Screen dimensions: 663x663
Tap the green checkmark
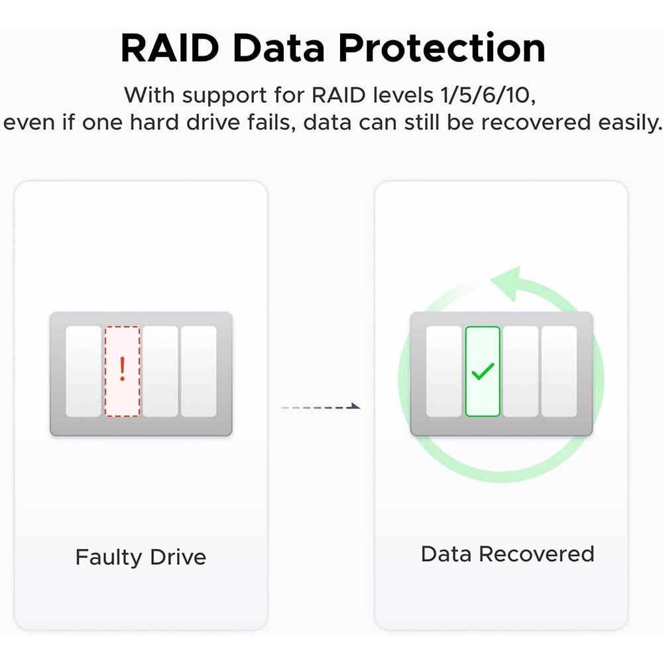pyautogui.click(x=483, y=371)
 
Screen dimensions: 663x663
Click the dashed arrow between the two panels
pyautogui.click(x=321, y=406)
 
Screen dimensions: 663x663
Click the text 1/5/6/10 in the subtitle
pyautogui.click(x=487, y=95)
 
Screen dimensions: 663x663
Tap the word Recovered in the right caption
pyautogui.click(x=536, y=554)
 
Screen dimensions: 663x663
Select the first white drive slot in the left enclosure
pyautogui.click(x=84, y=371)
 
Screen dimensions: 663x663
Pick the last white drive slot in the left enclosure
pyautogui.click(x=199, y=371)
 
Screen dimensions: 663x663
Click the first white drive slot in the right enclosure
pyautogui.click(x=444, y=371)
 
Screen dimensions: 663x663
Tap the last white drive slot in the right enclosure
pyautogui.click(x=559, y=371)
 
